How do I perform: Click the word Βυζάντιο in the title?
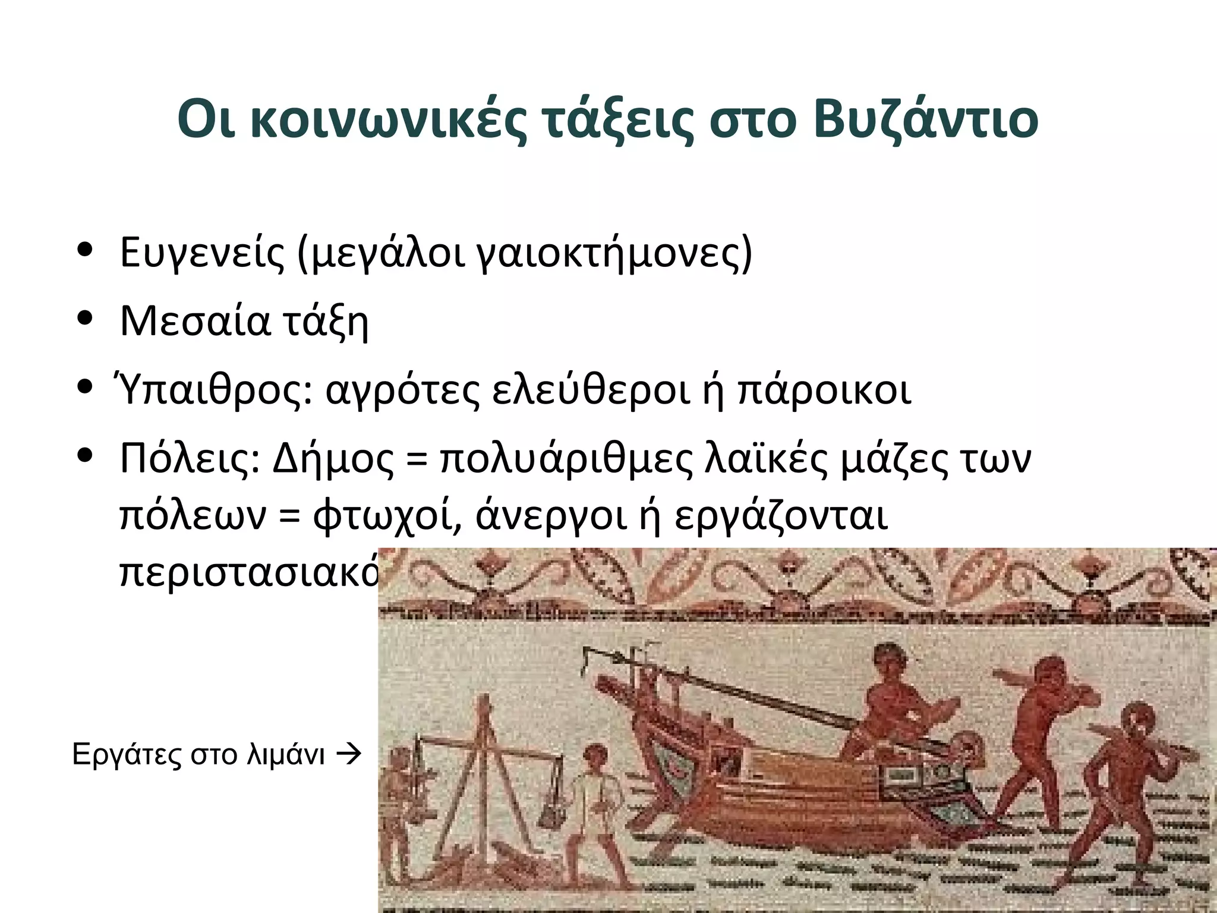coord(926,121)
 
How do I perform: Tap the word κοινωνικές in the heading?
coord(388,121)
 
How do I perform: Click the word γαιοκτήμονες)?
coord(614,253)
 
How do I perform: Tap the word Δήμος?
coord(333,459)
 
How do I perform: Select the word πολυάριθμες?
coord(566,459)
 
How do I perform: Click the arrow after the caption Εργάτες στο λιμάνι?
coord(349,755)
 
